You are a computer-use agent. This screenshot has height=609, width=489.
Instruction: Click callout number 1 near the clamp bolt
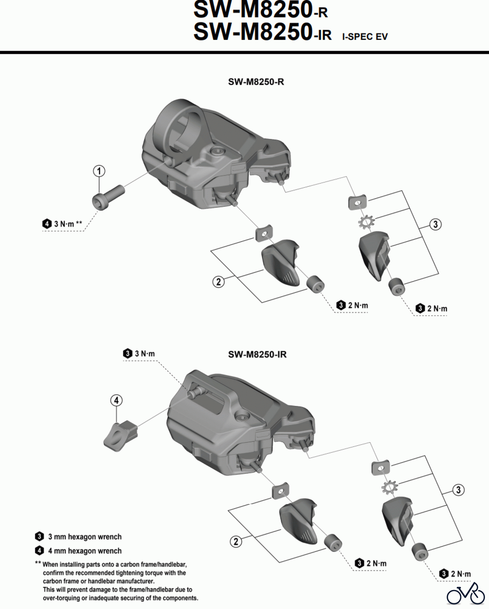[99, 171]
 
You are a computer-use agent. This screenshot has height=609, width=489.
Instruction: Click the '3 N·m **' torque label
[68, 224]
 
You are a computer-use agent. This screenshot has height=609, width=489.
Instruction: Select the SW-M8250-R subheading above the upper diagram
[256, 82]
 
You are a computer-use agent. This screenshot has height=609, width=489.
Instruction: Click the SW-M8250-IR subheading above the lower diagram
[257, 355]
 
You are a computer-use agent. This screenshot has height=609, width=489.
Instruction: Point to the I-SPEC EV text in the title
[365, 37]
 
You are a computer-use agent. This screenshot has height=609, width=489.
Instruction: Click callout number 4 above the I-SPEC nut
[116, 401]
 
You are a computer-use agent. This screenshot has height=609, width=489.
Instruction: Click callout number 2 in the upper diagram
[218, 281]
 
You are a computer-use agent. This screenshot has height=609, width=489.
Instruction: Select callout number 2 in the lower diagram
[236, 541]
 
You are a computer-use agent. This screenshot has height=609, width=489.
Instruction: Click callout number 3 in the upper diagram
[435, 224]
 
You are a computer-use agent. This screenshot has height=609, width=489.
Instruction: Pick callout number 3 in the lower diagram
[458, 490]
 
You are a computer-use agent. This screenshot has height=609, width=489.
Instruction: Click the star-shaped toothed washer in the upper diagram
[366, 222]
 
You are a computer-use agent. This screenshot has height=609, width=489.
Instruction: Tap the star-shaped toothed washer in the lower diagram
[389, 488]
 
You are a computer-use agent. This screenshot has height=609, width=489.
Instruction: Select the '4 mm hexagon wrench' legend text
[85, 551]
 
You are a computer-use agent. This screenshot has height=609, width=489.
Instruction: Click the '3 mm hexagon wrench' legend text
[85, 537]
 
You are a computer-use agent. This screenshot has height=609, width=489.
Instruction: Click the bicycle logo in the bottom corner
[466, 594]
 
